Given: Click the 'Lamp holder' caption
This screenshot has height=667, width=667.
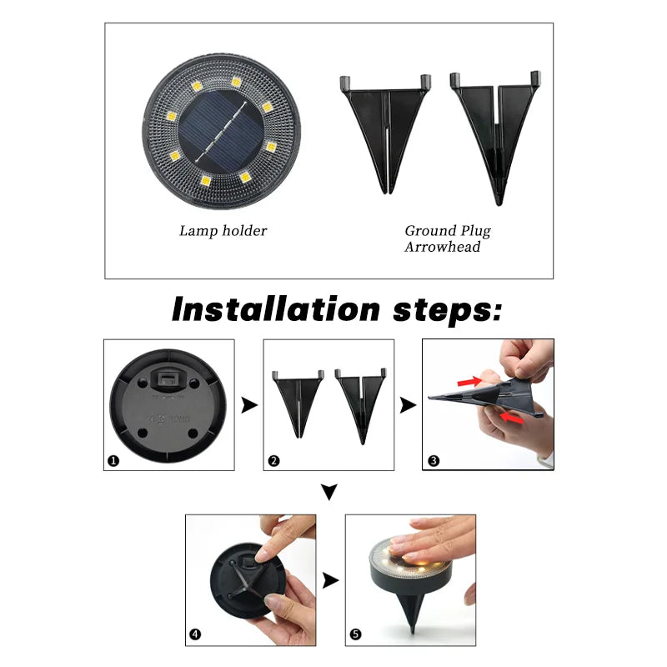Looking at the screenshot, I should (x=223, y=231).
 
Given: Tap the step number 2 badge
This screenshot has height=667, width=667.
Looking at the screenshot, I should (x=273, y=460).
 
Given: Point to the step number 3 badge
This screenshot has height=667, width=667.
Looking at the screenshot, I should (x=433, y=460).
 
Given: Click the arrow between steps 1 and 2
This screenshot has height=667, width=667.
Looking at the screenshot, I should (x=248, y=405).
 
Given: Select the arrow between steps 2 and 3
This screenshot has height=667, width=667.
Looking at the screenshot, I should (x=408, y=405).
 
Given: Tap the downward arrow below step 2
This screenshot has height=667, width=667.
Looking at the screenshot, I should (x=329, y=494).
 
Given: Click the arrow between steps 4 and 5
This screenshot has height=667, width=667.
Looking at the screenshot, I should (x=331, y=580).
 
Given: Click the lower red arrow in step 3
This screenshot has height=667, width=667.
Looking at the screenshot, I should (x=512, y=420).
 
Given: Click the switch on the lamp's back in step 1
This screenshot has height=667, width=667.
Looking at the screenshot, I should (x=169, y=380).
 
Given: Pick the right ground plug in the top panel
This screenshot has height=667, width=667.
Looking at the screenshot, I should (x=494, y=133).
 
